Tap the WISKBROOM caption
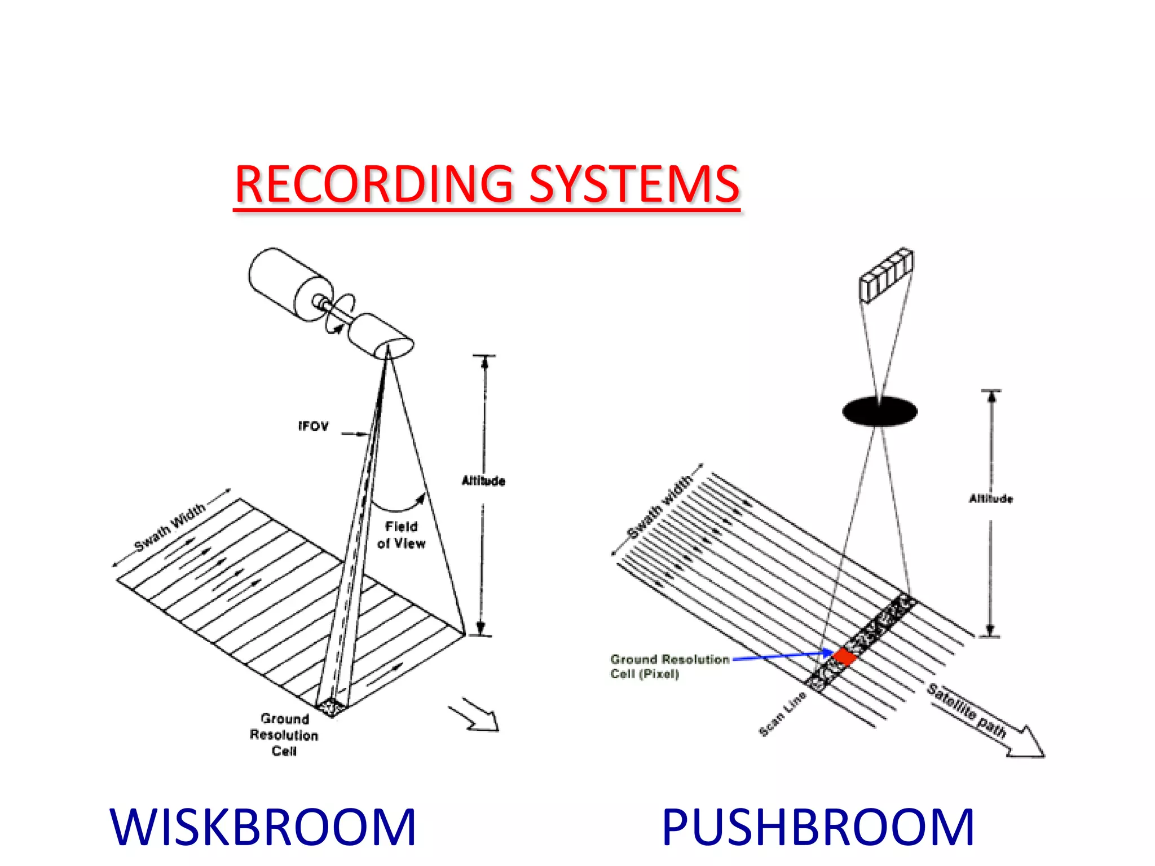[263, 827]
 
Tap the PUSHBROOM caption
[818, 827]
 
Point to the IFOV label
[313, 426]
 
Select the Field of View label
[402, 535]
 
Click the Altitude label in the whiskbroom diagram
[483, 481]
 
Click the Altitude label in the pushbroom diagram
[991, 498]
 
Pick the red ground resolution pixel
[845, 656]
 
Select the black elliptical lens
[879, 410]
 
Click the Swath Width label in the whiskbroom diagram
[170, 527]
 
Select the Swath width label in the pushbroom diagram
[660, 506]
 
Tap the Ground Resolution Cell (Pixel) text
[669, 666]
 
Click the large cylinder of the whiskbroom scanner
[285, 285]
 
